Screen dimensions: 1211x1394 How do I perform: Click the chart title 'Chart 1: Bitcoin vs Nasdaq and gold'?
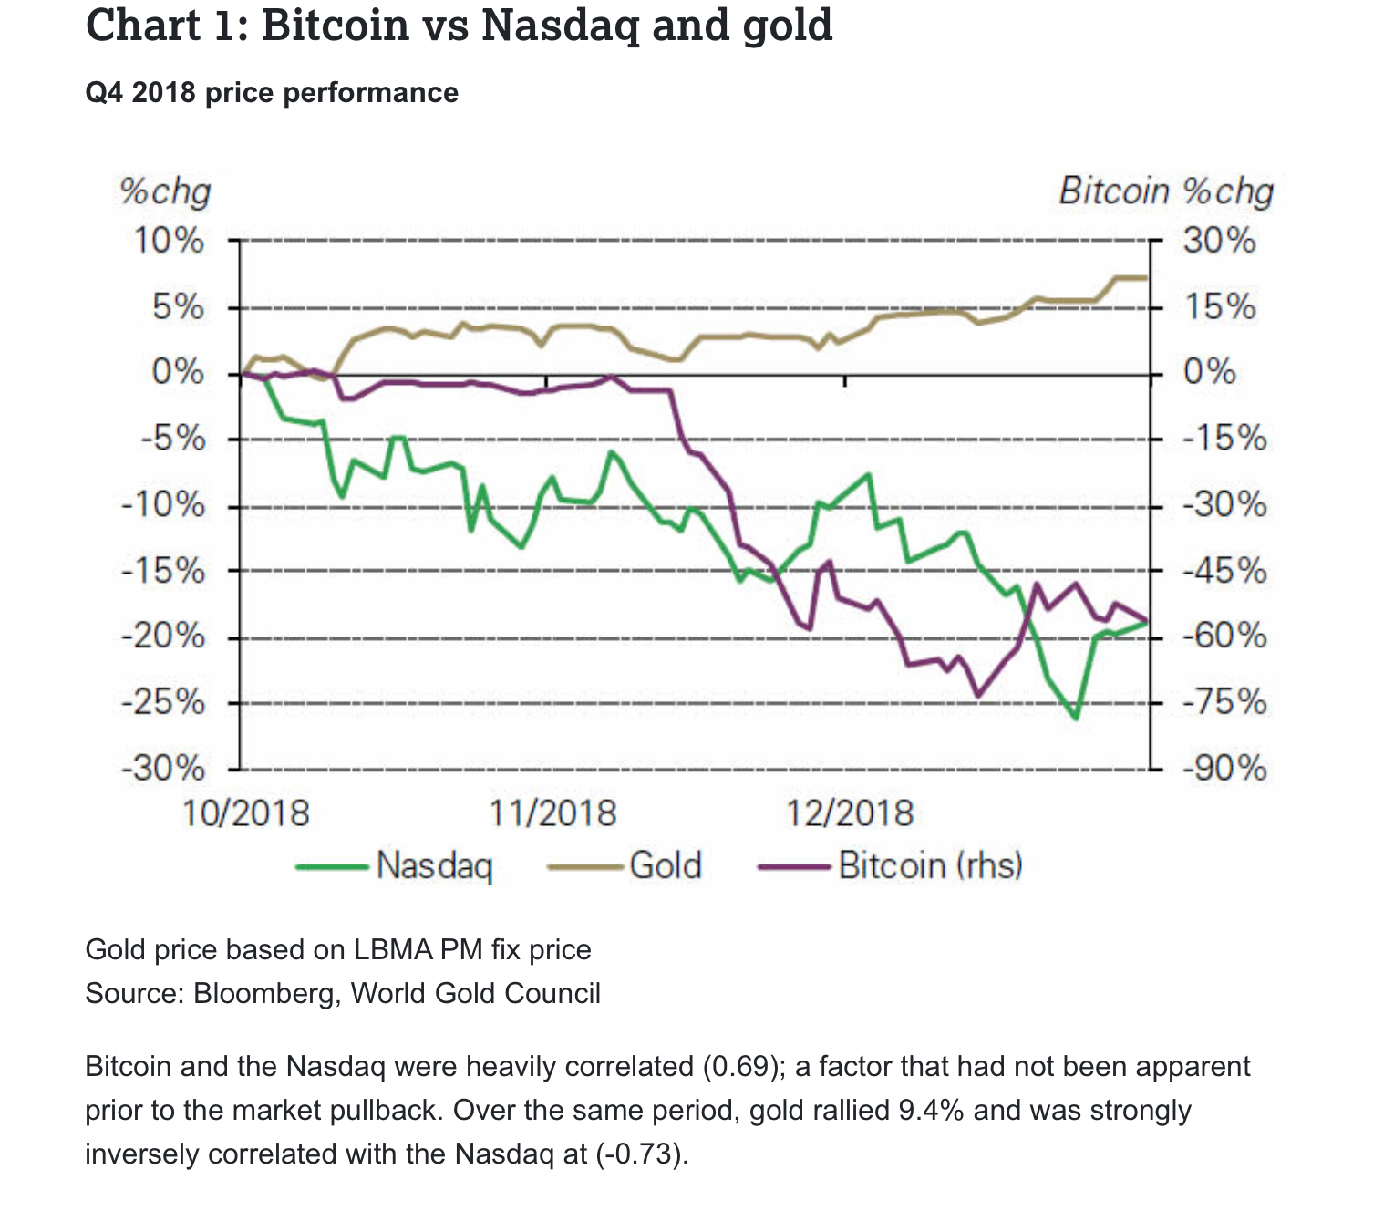pyautogui.click(x=459, y=26)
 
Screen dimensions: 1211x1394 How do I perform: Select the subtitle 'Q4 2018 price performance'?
pyautogui.click(x=272, y=93)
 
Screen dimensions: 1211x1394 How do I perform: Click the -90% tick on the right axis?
pyautogui.click(x=1224, y=769)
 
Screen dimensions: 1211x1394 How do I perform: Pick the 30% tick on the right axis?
pyautogui.click(x=1219, y=242)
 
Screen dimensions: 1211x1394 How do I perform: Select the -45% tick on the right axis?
pyautogui.click(x=1224, y=572)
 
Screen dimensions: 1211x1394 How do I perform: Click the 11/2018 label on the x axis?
pyautogui.click(x=552, y=812)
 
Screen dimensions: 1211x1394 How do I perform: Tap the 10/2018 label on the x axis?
pyautogui.click(x=246, y=812)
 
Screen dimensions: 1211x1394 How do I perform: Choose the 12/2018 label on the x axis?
pyautogui.click(x=850, y=812)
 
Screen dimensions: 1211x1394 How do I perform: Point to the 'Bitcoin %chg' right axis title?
pyautogui.click(x=1166, y=191)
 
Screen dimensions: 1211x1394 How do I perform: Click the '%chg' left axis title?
pyautogui.click(x=165, y=192)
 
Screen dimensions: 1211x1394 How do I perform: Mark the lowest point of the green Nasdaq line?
pyautogui.click(x=1077, y=718)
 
